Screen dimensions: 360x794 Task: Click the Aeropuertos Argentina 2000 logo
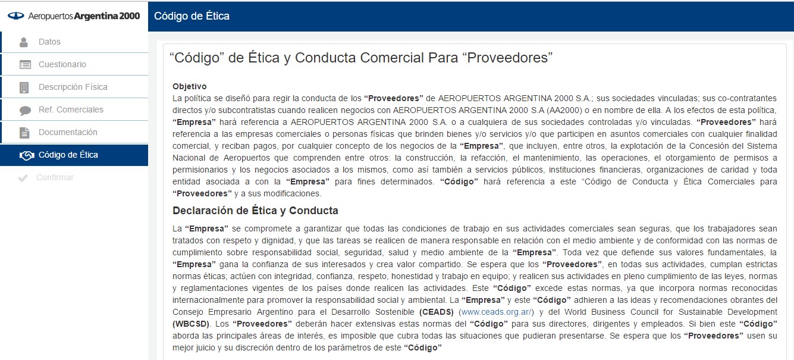[x=74, y=16]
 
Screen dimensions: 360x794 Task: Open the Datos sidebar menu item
[x=49, y=42]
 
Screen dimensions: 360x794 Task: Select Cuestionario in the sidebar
[x=62, y=64]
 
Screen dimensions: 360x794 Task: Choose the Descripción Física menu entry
[x=73, y=87]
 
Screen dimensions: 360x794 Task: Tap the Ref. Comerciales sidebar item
[x=71, y=109]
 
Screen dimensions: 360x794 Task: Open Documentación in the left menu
[x=68, y=132]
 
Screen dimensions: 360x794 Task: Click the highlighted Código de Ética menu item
[x=68, y=155]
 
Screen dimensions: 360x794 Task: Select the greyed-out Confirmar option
[x=55, y=177]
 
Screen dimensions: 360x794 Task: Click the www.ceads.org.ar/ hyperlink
[x=496, y=312]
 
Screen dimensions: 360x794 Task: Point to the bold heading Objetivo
[x=190, y=86]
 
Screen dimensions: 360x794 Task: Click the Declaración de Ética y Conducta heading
[x=255, y=210]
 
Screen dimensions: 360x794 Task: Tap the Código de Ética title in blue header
[x=192, y=16]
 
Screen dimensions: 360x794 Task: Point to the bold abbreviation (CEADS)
[x=437, y=312]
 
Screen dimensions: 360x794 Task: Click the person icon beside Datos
[x=24, y=42]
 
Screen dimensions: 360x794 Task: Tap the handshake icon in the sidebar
[x=26, y=155]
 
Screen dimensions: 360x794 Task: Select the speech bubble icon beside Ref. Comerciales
[x=24, y=110]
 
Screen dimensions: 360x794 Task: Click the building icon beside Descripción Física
[x=24, y=87]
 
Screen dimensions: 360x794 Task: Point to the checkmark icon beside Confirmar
[x=23, y=178]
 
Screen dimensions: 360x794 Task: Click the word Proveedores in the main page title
[x=509, y=58]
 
